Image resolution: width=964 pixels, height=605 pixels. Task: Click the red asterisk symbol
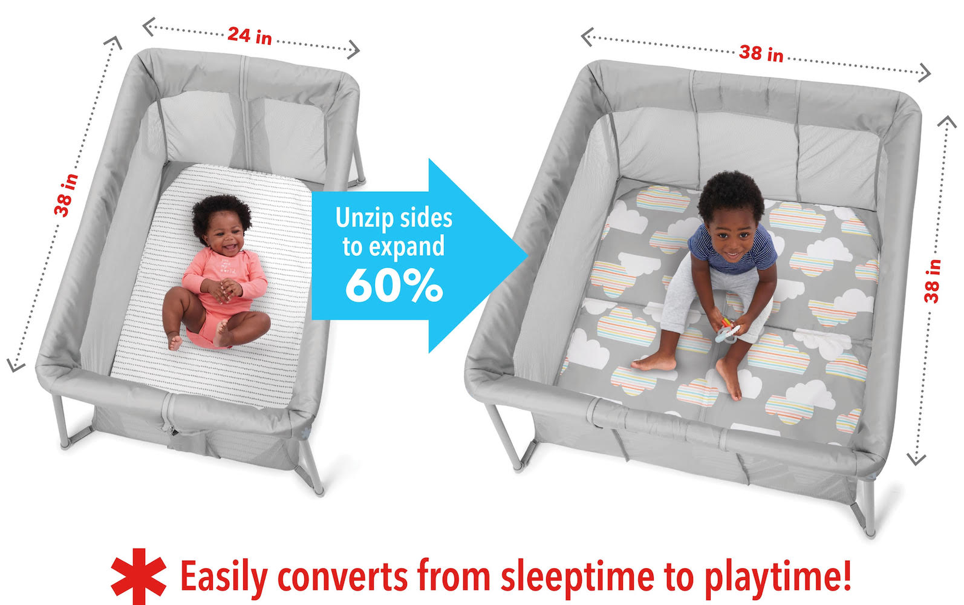pyautogui.click(x=138, y=576)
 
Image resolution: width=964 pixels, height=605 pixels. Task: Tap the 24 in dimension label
pyautogui.click(x=250, y=36)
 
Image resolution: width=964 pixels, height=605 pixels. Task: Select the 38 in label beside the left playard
pyautogui.click(x=66, y=195)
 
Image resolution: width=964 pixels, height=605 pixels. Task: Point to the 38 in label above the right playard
pyautogui.click(x=761, y=54)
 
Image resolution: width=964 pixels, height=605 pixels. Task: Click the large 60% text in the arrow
pyautogui.click(x=394, y=286)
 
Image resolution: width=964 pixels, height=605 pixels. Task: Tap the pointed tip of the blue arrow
pyautogui.click(x=527, y=256)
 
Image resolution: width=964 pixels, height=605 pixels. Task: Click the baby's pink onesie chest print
pyautogui.click(x=227, y=266)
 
